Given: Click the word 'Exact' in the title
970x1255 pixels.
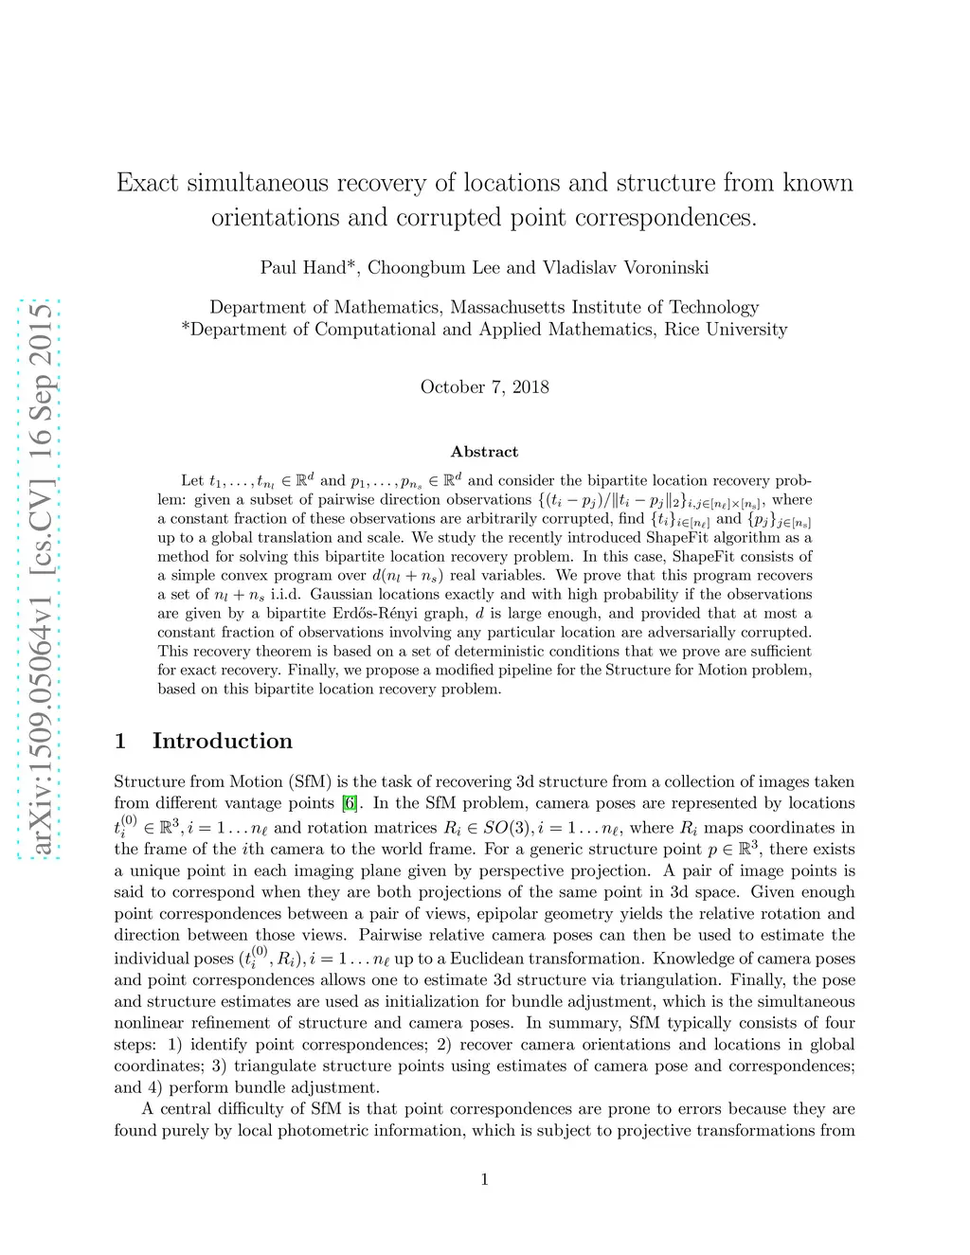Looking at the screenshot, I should pos(147,183).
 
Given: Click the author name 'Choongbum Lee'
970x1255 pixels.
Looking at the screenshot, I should pos(434,267).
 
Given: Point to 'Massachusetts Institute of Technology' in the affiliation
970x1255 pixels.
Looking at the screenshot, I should pos(604,307).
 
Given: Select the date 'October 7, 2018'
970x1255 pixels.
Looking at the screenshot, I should pos(484,386).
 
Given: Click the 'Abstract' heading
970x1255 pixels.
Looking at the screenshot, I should pos(484,452).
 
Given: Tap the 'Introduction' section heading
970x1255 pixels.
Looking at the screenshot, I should pos(222,741).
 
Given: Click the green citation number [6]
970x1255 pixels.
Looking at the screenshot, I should pos(350,803).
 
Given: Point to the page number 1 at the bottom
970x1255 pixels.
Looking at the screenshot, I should pos(485,1179).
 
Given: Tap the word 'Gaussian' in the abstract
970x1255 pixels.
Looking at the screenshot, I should pos(343,594).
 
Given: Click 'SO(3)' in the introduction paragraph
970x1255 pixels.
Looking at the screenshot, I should pos(507,827).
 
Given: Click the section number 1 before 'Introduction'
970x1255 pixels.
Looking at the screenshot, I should pos(120,741).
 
